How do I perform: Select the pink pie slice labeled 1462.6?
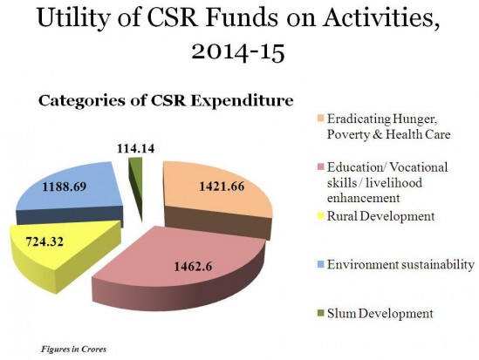pyautogui.click(x=183, y=268)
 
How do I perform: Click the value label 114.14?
pyautogui.click(x=135, y=148)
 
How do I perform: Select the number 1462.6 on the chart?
pyautogui.click(x=193, y=267)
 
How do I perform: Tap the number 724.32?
pyautogui.click(x=44, y=241)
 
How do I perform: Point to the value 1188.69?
pyautogui.click(x=64, y=187)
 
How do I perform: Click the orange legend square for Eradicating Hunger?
pyautogui.click(x=320, y=118)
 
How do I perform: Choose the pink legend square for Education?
pyautogui.click(x=320, y=166)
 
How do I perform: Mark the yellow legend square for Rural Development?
pyautogui.click(x=320, y=216)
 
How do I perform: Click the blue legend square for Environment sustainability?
pyautogui.click(x=320, y=264)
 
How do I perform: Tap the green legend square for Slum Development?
pyautogui.click(x=320, y=313)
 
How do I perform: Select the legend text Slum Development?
pyautogui.click(x=380, y=313)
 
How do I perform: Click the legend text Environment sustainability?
pyautogui.click(x=400, y=264)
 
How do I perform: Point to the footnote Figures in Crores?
pyautogui.click(x=73, y=349)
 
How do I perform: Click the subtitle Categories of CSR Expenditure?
pyautogui.click(x=166, y=101)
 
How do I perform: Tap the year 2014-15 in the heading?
pyautogui.click(x=238, y=52)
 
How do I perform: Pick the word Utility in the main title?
pyautogui.click(x=72, y=18)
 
